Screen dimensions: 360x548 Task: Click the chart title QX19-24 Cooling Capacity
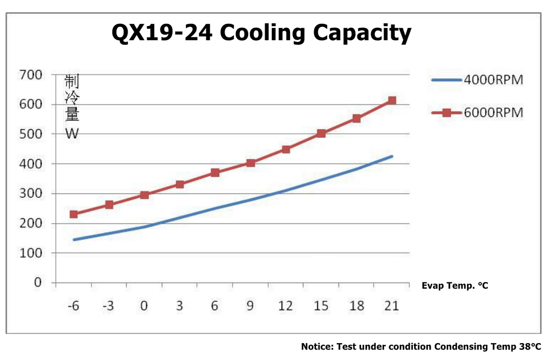point(261,33)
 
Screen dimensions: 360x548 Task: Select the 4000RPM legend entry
point(477,80)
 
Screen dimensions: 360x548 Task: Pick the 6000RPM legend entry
point(477,112)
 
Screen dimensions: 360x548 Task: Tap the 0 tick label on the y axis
point(38,283)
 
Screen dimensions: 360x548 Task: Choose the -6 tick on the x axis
point(73,306)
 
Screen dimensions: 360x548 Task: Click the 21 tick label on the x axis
point(391,306)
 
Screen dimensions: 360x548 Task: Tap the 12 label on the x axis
point(285,306)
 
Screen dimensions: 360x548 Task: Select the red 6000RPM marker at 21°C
point(392,101)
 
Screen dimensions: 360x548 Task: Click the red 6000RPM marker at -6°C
point(74,214)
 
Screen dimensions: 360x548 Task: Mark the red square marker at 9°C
point(250,163)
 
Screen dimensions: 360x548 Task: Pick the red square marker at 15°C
point(321,133)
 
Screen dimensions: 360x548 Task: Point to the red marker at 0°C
point(144,195)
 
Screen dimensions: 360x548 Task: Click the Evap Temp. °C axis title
point(455,286)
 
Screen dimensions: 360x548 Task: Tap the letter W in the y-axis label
point(72,133)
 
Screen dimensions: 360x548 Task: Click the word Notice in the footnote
point(316,347)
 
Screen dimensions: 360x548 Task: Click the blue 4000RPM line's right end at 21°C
point(392,156)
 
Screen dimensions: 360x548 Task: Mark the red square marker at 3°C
point(179,185)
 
